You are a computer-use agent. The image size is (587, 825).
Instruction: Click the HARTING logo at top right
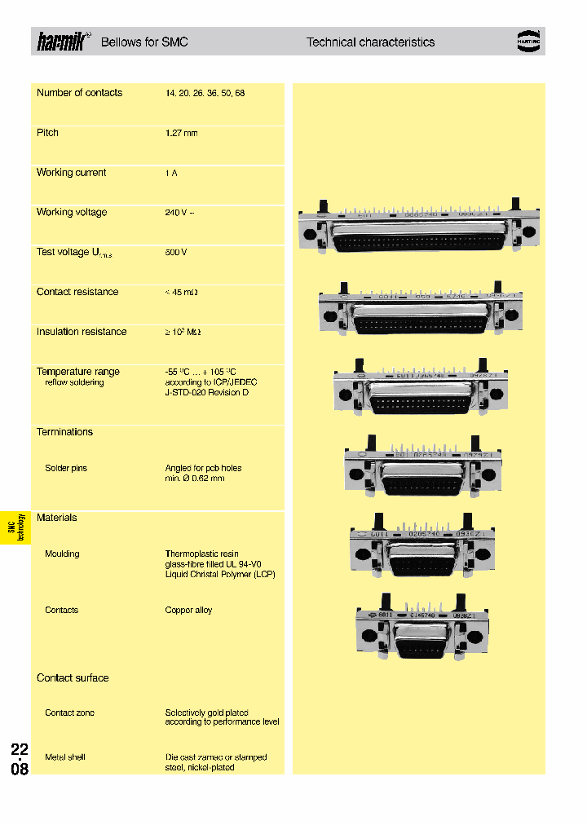pyautogui.click(x=529, y=42)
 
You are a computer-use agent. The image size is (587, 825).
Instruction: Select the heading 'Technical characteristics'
pyautogui.click(x=370, y=42)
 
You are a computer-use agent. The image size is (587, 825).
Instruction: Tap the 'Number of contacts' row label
pyautogui.click(x=79, y=93)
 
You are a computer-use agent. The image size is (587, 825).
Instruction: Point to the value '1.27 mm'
pyautogui.click(x=181, y=133)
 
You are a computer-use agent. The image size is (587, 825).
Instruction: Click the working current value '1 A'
pyautogui.click(x=171, y=173)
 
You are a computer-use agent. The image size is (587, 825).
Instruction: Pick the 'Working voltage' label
pyautogui.click(x=72, y=213)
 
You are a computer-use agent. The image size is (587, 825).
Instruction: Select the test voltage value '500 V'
pyautogui.click(x=176, y=253)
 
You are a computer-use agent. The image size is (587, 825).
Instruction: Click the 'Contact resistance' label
pyautogui.click(x=77, y=292)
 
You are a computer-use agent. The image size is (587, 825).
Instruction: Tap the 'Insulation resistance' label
pyautogui.click(x=82, y=332)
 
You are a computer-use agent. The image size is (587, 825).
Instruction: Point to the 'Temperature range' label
pyautogui.click(x=78, y=372)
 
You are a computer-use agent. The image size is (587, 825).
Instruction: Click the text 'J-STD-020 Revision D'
pyautogui.click(x=207, y=393)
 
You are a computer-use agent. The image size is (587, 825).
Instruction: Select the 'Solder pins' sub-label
pyautogui.click(x=66, y=469)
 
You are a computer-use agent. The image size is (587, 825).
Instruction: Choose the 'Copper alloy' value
pyautogui.click(x=188, y=611)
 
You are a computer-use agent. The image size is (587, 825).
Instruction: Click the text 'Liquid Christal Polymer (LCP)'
pyautogui.click(x=220, y=575)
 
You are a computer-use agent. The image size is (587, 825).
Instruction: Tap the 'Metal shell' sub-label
pyautogui.click(x=65, y=757)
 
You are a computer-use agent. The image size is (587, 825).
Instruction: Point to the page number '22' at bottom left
pyautogui.click(x=20, y=749)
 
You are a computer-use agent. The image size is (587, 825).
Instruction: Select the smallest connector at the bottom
pyautogui.click(x=417, y=629)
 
